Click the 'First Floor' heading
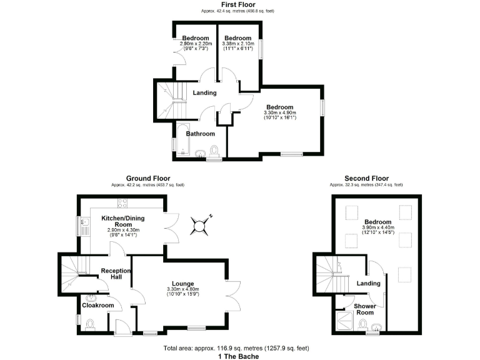pos(237,5)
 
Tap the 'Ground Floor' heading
pos(148,179)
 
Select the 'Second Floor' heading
pos(366,179)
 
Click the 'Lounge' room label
pos(182,284)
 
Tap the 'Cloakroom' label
pos(98,305)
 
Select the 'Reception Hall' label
pos(116,274)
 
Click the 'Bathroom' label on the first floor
pos(200,134)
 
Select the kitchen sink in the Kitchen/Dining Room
pos(83,223)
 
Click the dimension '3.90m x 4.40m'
pos(377,227)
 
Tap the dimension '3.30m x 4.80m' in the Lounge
pos(182,289)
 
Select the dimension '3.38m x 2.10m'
pos(237,44)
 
